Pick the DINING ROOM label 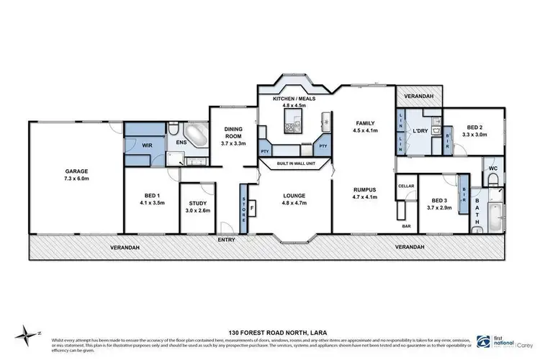click(x=233, y=131)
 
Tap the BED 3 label click(x=438, y=200)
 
